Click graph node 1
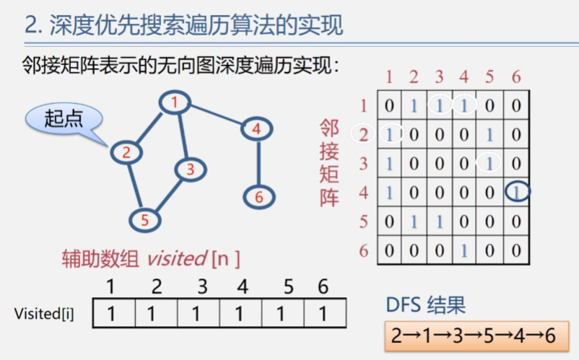tap(174, 102)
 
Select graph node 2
tap(126, 152)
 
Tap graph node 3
tap(190, 170)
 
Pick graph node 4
tap(256, 129)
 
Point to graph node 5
tap(144, 220)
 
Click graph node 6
tap(258, 196)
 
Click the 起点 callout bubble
tap(64, 119)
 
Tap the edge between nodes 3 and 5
tap(168, 194)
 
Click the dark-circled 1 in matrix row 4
tap(515, 191)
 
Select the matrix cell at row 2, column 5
tap(489, 134)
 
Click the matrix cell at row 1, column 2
tap(414, 105)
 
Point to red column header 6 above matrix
tap(515, 77)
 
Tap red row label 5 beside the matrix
tap(364, 221)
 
